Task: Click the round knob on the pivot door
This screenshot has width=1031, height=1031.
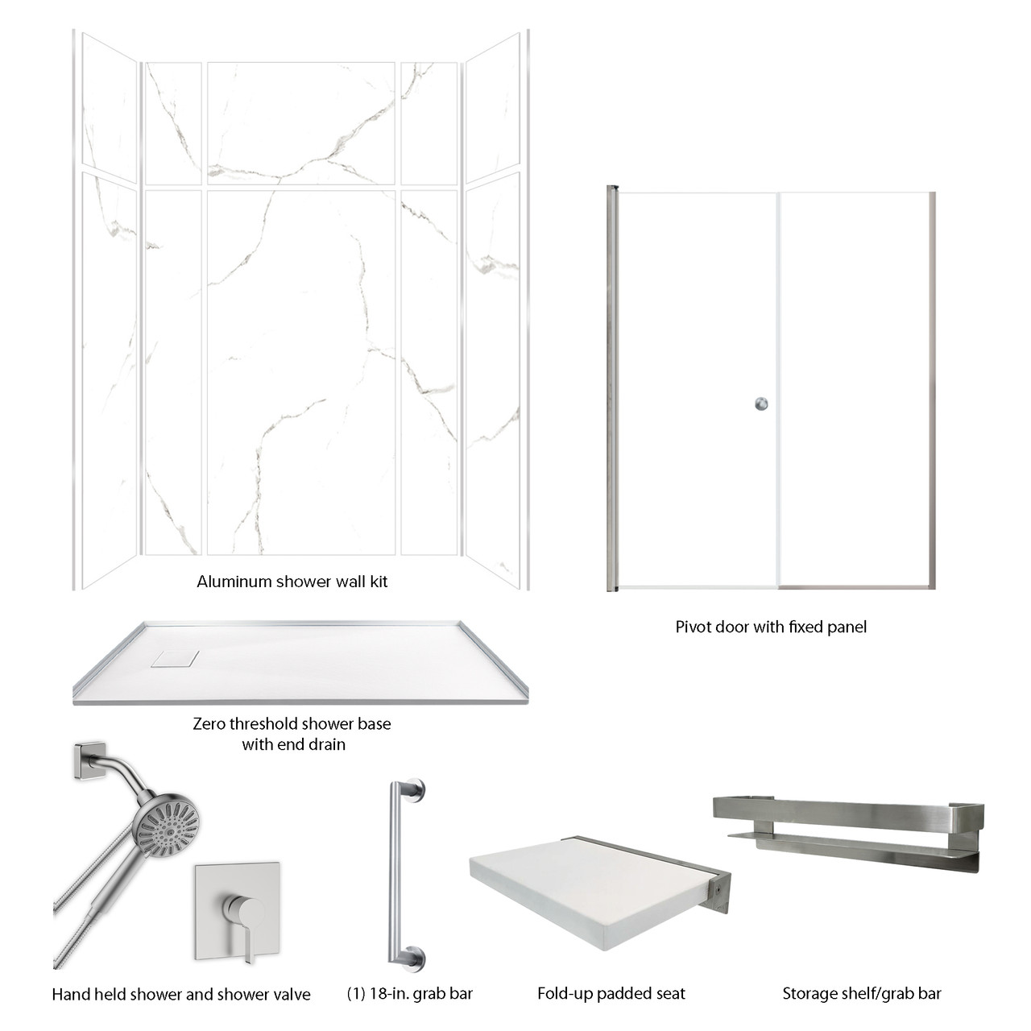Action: (761, 404)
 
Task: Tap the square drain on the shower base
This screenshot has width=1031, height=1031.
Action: (173, 658)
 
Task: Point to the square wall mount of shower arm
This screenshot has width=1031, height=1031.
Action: (88, 759)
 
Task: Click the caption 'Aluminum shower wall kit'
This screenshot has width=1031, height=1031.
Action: (292, 582)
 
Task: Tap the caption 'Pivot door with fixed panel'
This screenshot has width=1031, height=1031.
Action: (771, 627)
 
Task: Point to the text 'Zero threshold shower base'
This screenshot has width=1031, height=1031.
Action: (292, 723)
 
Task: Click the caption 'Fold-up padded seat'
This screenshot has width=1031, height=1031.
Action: (611, 994)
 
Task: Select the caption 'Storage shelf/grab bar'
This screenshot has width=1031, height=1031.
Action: (861, 994)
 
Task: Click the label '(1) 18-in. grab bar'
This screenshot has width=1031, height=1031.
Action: (409, 994)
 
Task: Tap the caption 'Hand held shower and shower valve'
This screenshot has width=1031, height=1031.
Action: (181, 995)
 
